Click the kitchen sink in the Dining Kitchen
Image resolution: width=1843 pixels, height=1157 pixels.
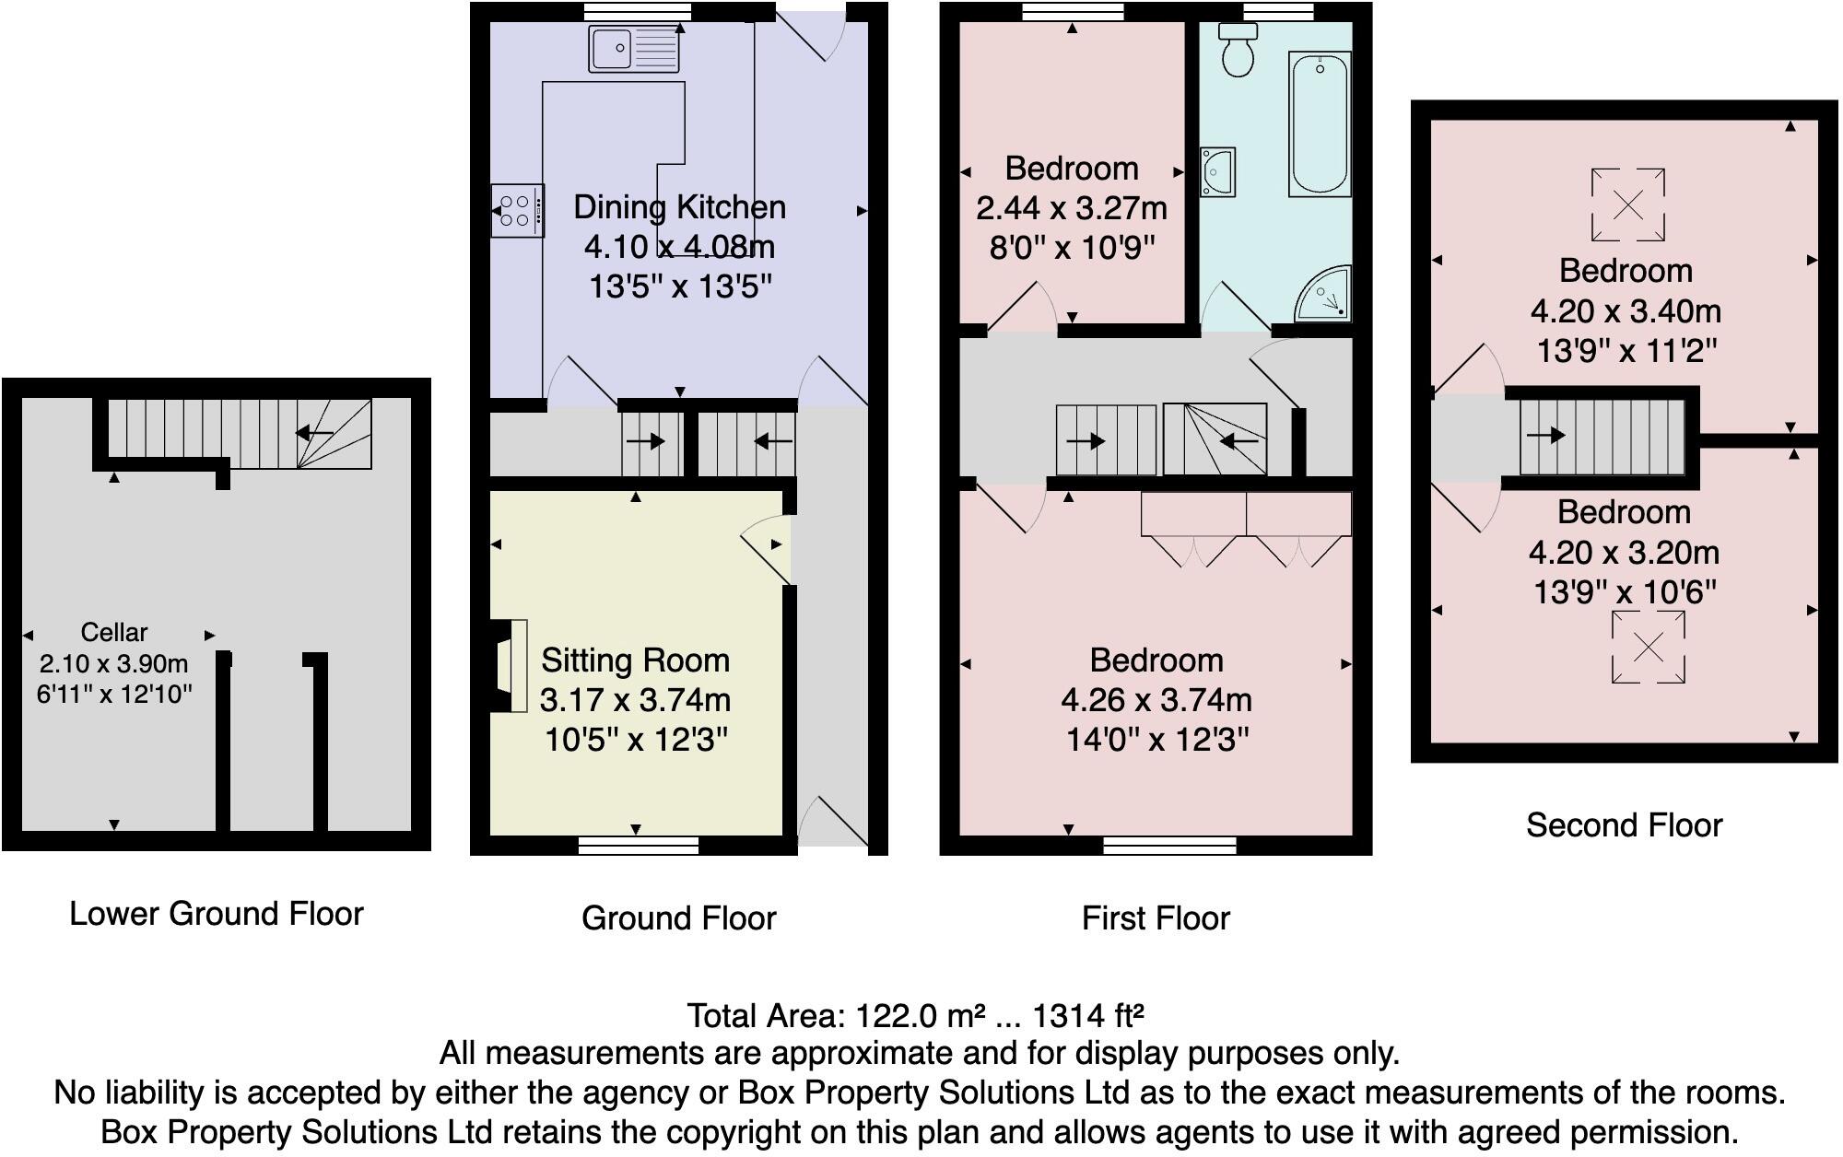point(634,50)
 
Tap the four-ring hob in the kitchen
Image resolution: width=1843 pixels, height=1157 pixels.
point(516,211)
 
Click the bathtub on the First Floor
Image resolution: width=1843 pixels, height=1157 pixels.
point(1319,123)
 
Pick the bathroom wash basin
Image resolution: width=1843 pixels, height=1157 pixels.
point(1216,172)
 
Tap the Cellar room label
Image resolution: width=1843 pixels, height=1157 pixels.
point(114,633)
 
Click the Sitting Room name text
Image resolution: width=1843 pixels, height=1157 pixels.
point(635,660)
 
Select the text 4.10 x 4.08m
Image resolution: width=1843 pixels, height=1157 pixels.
point(679,247)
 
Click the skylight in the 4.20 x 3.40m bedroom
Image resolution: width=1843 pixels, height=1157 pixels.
point(1627,205)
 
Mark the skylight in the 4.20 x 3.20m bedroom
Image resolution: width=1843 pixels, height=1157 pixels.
point(1648,648)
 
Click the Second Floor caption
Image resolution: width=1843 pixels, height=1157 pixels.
point(1624,825)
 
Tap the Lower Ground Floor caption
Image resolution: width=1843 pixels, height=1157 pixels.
point(217,914)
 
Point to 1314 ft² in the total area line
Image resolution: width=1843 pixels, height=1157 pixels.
point(1087,1016)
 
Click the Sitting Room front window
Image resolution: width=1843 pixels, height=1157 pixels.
point(638,845)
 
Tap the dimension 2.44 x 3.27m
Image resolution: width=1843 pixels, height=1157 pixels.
point(1071,208)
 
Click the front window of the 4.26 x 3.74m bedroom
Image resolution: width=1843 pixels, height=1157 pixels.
point(1169,845)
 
